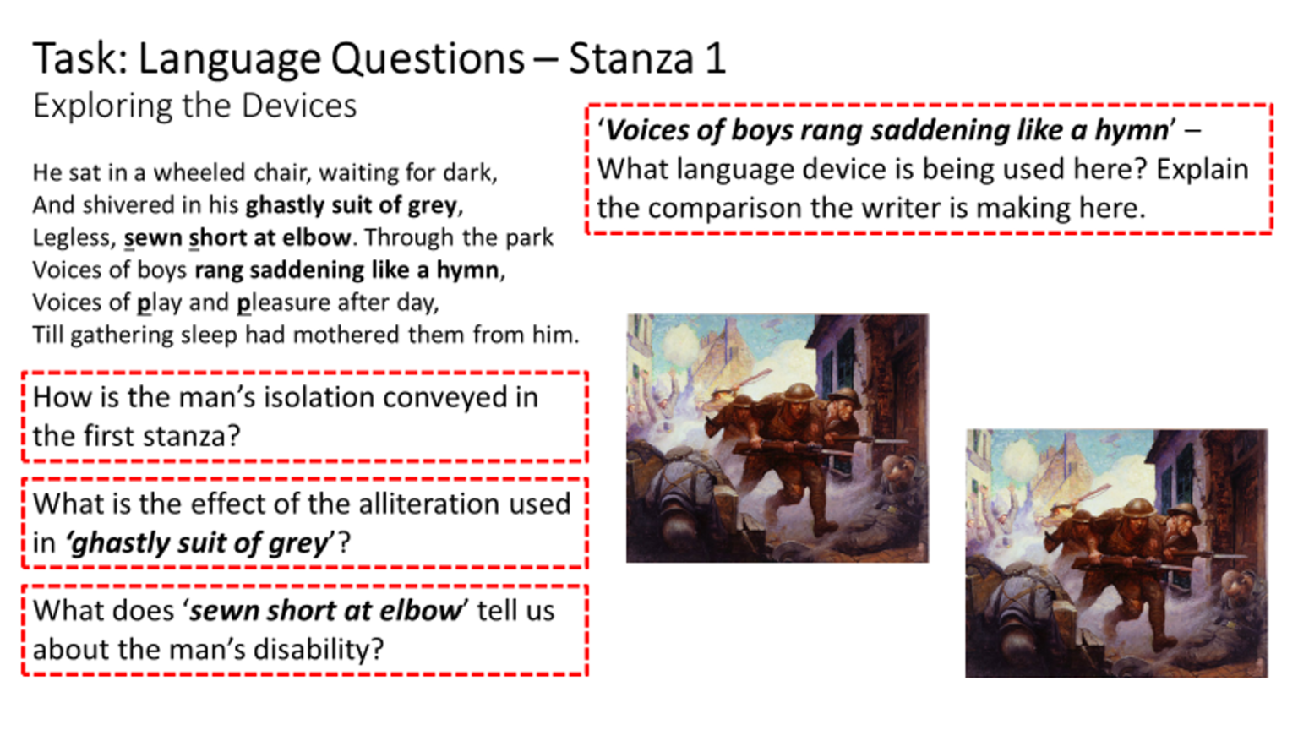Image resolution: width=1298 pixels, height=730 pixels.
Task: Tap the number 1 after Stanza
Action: point(715,59)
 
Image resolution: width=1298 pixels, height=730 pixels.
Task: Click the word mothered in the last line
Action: point(346,335)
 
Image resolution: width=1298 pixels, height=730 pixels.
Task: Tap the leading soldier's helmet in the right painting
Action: point(1137,507)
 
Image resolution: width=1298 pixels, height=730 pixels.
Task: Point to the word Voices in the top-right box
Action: point(643,130)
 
